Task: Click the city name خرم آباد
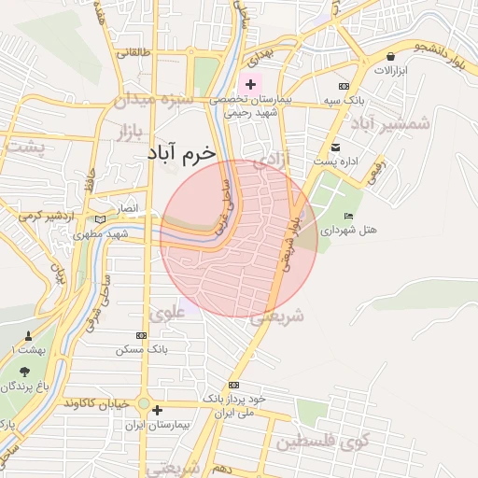pyautogui.click(x=180, y=152)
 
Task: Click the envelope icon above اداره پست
pyautogui.click(x=335, y=148)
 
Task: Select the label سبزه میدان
pyautogui.click(x=154, y=98)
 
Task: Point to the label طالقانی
pyautogui.click(x=134, y=53)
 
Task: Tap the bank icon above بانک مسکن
pyautogui.click(x=141, y=335)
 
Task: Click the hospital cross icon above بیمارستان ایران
pyautogui.click(x=157, y=410)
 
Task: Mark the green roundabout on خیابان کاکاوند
pyautogui.click(x=143, y=404)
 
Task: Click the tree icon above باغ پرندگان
pyautogui.click(x=24, y=372)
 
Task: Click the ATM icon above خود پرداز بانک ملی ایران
pyautogui.click(x=232, y=385)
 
